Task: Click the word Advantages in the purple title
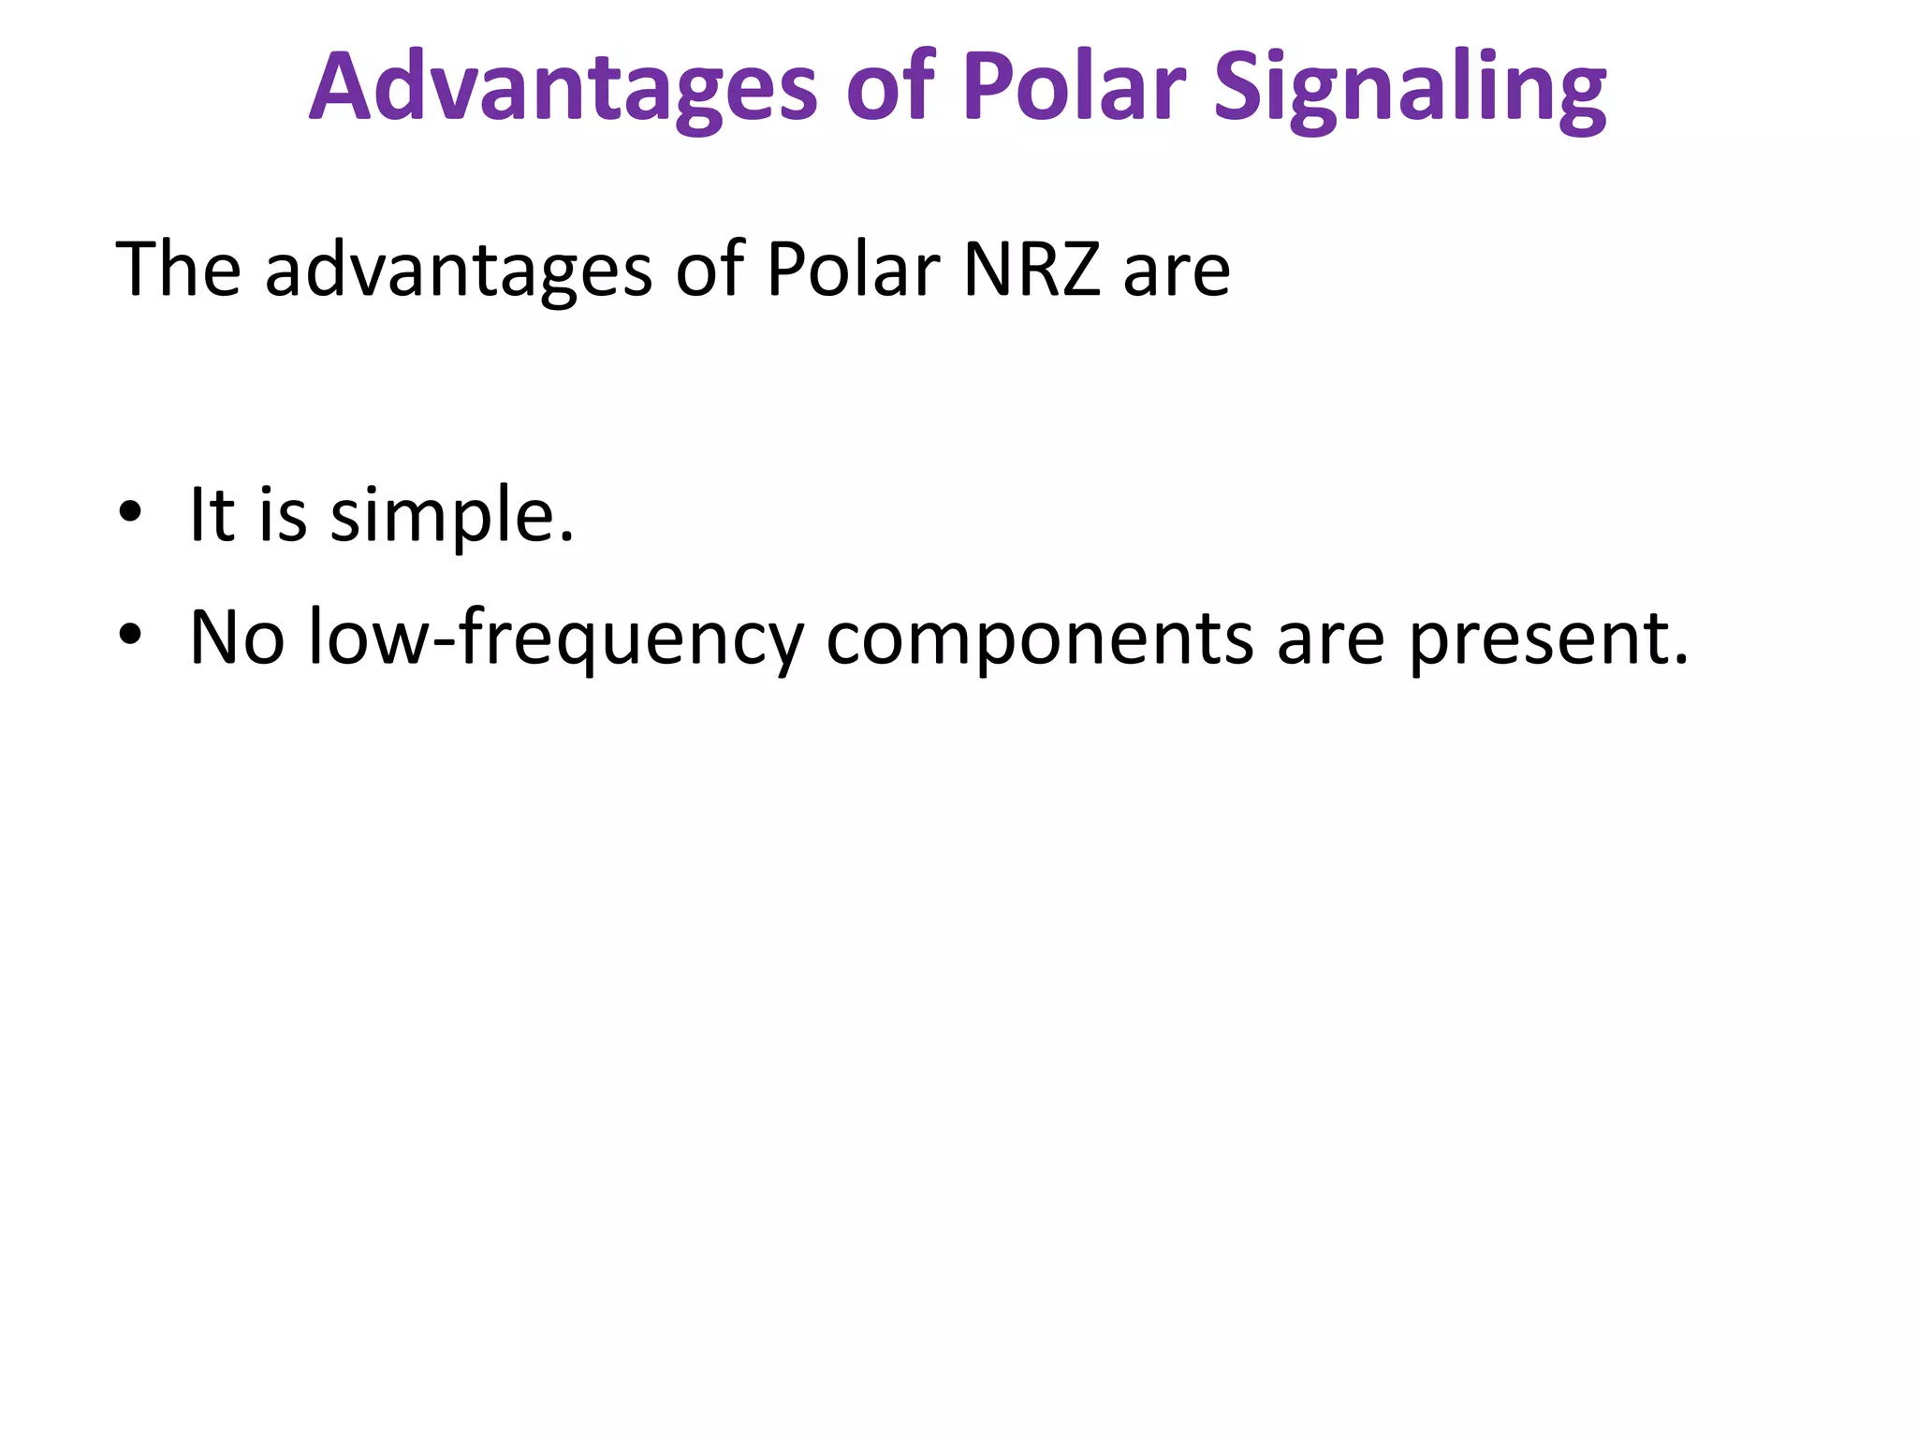click(563, 89)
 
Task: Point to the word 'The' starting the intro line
click(178, 270)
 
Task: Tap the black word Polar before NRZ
click(852, 270)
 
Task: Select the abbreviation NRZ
click(1031, 270)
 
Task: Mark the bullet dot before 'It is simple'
click(130, 512)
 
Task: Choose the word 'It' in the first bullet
click(212, 514)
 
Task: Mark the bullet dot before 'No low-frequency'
click(130, 635)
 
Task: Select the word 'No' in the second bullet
click(237, 638)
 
